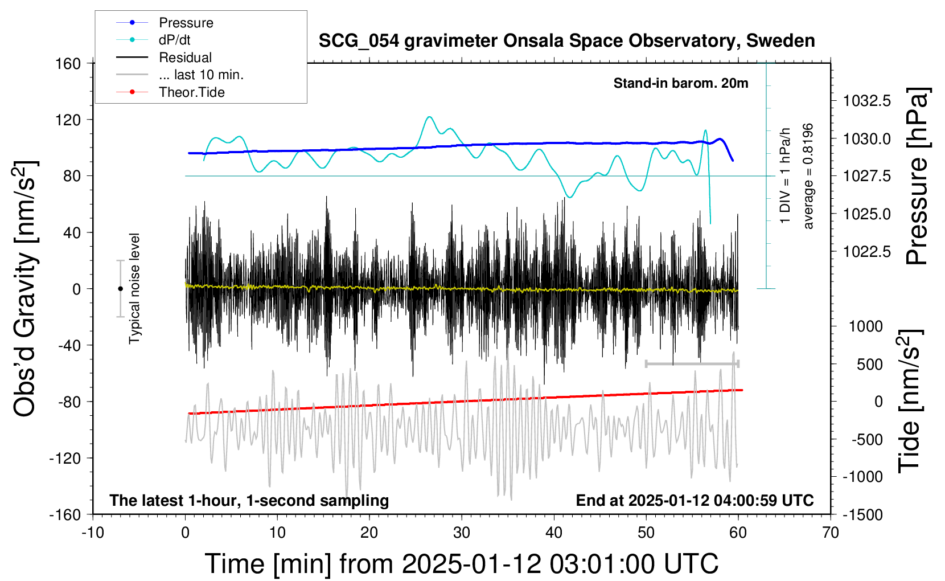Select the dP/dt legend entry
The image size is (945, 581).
click(174, 40)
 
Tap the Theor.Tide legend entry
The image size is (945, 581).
click(191, 92)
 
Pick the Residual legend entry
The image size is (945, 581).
click(185, 58)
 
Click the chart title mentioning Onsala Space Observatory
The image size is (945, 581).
click(566, 41)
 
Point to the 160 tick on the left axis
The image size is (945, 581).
click(68, 63)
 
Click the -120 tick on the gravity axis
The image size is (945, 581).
click(65, 458)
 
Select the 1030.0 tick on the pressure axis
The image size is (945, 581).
click(867, 138)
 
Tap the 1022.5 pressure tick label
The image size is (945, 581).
click(867, 251)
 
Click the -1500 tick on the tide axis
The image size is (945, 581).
click(862, 514)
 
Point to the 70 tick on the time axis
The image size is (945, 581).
click(831, 533)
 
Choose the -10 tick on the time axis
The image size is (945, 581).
click(92, 533)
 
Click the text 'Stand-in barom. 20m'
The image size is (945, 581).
click(681, 83)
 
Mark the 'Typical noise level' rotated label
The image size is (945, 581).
click(134, 288)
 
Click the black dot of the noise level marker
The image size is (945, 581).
click(120, 289)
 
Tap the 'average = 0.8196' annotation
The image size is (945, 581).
click(808, 176)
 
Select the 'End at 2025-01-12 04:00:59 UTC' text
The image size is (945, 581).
click(695, 501)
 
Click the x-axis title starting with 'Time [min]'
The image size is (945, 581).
click(461, 564)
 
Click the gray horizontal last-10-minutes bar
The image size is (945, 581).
click(692, 363)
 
